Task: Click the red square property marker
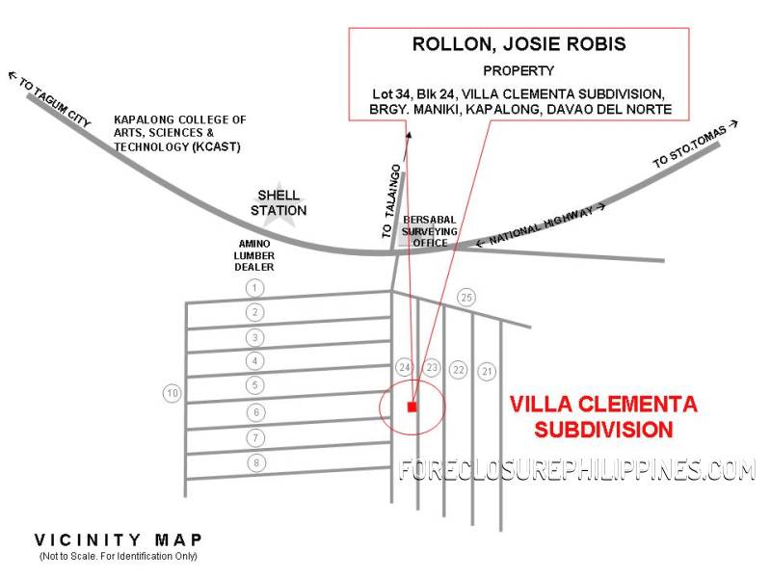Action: [x=412, y=407]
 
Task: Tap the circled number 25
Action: [x=466, y=298]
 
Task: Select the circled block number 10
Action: [x=173, y=393]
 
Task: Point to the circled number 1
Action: [x=254, y=288]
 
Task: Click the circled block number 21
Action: [x=487, y=371]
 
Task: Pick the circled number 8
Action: [x=255, y=463]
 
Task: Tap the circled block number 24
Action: [x=404, y=368]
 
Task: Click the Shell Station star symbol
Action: [x=279, y=204]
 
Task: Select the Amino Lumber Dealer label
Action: [x=254, y=255]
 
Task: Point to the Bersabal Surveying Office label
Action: [x=430, y=231]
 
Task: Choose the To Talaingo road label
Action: [x=392, y=201]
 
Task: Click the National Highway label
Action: [x=541, y=224]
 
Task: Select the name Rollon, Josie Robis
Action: [x=518, y=44]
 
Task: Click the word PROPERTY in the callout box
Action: [x=518, y=70]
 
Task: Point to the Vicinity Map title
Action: [x=118, y=540]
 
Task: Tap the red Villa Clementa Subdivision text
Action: [x=603, y=417]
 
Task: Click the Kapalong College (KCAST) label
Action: [x=180, y=133]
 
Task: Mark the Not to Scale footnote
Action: [x=118, y=557]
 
